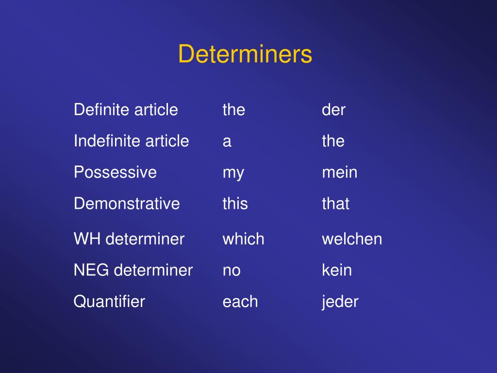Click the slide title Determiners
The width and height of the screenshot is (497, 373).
tap(245, 54)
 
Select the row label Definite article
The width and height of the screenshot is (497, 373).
tap(126, 110)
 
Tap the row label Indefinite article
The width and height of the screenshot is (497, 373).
tap(131, 141)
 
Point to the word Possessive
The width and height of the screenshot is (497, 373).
tap(115, 172)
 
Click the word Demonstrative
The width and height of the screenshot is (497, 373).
tap(127, 203)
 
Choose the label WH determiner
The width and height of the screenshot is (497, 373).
tap(129, 239)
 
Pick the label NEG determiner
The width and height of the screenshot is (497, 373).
tap(133, 270)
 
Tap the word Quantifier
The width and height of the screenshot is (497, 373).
tap(109, 302)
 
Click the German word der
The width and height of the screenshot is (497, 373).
tap(333, 110)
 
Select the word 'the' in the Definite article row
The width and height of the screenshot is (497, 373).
tap(233, 110)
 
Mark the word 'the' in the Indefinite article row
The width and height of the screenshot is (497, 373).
tap(333, 141)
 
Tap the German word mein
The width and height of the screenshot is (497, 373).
tap(339, 172)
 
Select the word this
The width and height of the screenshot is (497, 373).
tap(235, 203)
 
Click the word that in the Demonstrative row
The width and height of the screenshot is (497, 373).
tap(335, 203)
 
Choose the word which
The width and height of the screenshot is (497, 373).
tap(243, 239)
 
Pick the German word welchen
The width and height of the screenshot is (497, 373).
tap(352, 239)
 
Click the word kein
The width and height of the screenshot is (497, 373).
tap(337, 270)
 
